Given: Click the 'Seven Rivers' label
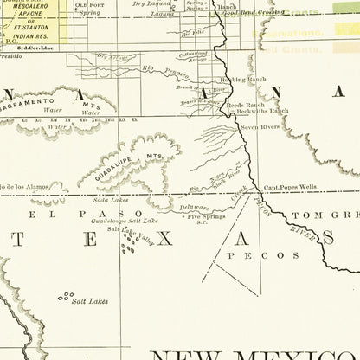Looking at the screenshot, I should pos(260,127).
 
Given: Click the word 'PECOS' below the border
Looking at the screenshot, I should pos(260,255).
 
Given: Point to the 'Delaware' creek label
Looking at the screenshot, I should pos(194,209).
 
